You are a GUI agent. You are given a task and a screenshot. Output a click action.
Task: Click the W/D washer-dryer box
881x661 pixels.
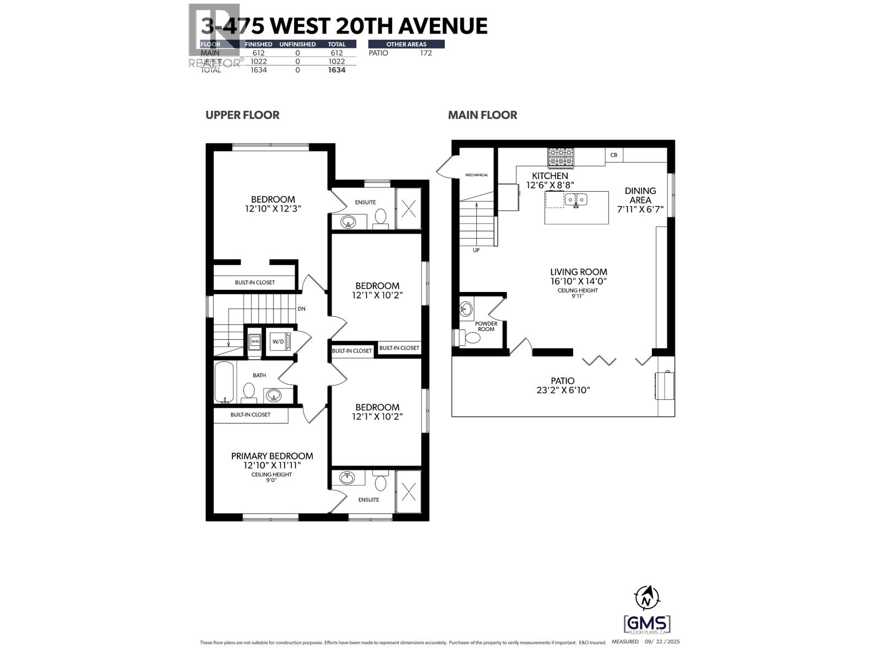[278, 342]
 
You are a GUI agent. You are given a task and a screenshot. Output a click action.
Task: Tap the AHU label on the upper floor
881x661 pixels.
[255, 342]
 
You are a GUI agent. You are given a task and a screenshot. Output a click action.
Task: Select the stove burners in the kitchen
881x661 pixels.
[561, 157]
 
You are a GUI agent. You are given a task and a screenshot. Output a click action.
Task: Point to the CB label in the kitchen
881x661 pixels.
[613, 155]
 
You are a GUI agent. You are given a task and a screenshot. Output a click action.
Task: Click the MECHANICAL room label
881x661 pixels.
[476, 175]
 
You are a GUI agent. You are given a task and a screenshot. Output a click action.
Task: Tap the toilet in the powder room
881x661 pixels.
[469, 337]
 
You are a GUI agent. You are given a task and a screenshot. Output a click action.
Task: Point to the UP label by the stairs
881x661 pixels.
[476, 251]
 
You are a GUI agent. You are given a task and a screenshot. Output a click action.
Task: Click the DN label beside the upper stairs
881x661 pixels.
[301, 309]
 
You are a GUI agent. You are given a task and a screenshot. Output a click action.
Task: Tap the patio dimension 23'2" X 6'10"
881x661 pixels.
[562, 390]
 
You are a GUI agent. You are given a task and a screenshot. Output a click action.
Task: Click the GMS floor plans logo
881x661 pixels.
[647, 625]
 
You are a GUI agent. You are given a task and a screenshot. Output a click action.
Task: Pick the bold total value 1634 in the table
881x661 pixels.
[336, 70]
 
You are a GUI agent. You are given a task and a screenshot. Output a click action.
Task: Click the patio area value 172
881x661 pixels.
[426, 53]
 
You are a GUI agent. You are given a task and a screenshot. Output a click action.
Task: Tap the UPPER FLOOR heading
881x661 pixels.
[242, 115]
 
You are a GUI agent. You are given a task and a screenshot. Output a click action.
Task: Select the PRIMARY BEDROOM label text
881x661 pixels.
[272, 456]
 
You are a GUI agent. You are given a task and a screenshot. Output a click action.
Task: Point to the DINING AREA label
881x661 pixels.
[640, 195]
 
